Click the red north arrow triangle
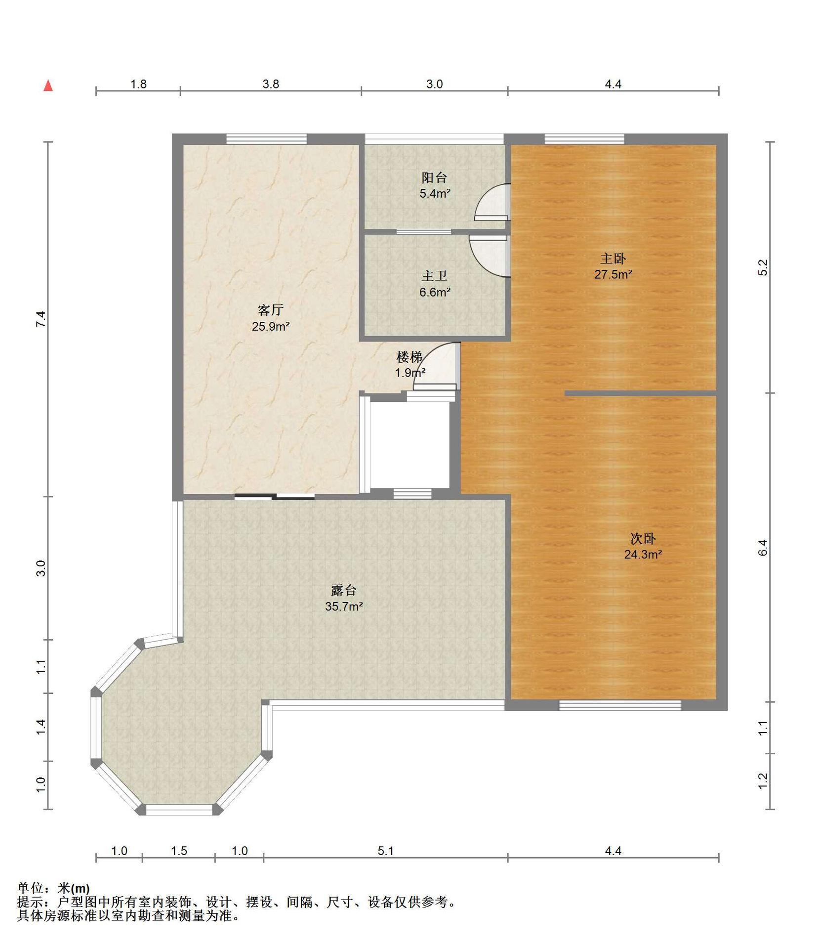tap(48, 86)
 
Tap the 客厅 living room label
tap(270, 310)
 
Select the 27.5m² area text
tap(613, 274)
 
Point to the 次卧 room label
tap(643, 538)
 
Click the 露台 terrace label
tap(344, 590)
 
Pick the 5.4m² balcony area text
tap(435, 193)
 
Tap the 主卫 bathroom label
tap(434, 276)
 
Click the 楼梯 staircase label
tap(409, 356)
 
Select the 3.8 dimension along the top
tap(271, 84)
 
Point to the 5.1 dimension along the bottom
tap(386, 851)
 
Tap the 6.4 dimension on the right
tap(763, 547)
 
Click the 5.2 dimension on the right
tap(763, 267)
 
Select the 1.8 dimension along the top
tap(138, 84)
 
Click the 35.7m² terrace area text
tap(344, 606)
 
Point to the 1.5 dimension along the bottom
tap(179, 851)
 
